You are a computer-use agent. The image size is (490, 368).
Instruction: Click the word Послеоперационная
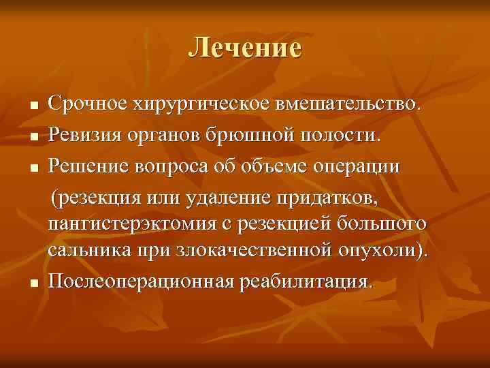click(140, 280)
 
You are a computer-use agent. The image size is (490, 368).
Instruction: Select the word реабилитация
click(306, 280)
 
